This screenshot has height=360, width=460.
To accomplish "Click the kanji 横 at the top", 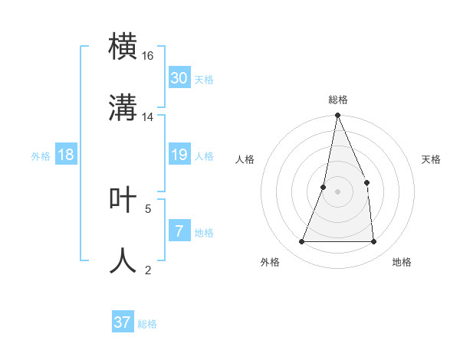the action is pos(123,45).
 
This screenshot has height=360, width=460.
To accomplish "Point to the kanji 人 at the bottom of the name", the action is pos(123,260).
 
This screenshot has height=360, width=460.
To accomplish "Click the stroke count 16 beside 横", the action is pos(148,56).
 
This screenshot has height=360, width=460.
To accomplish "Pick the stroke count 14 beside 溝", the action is pos(148,117).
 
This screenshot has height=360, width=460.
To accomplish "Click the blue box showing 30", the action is pos(179,78).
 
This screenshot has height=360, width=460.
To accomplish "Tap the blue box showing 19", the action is pos(179,155).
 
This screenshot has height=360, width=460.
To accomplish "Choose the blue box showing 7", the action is pos(179,231).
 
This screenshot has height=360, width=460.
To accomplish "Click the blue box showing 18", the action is pos(66,155).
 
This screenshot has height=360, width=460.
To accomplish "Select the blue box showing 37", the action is pos(123,322).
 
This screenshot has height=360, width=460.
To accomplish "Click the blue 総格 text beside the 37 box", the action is pos(147,324).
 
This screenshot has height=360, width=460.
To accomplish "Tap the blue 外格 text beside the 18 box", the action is pos(41,156).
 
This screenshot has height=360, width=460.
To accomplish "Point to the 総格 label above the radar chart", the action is pos(337,100).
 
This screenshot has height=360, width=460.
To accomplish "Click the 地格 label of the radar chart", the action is pos(402,262).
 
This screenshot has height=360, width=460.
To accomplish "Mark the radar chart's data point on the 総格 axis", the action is pos(337,116).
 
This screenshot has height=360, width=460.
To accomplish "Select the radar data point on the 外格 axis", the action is pos(301,242).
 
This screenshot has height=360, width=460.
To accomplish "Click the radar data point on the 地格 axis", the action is pos(373,242).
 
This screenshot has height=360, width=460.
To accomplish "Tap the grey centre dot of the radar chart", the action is pos(337,191).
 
